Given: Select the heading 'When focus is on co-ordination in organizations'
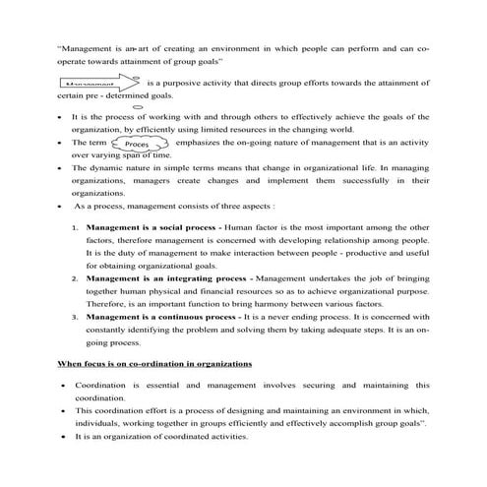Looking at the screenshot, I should (x=155, y=364).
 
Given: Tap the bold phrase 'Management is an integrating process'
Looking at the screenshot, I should (x=158, y=278).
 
